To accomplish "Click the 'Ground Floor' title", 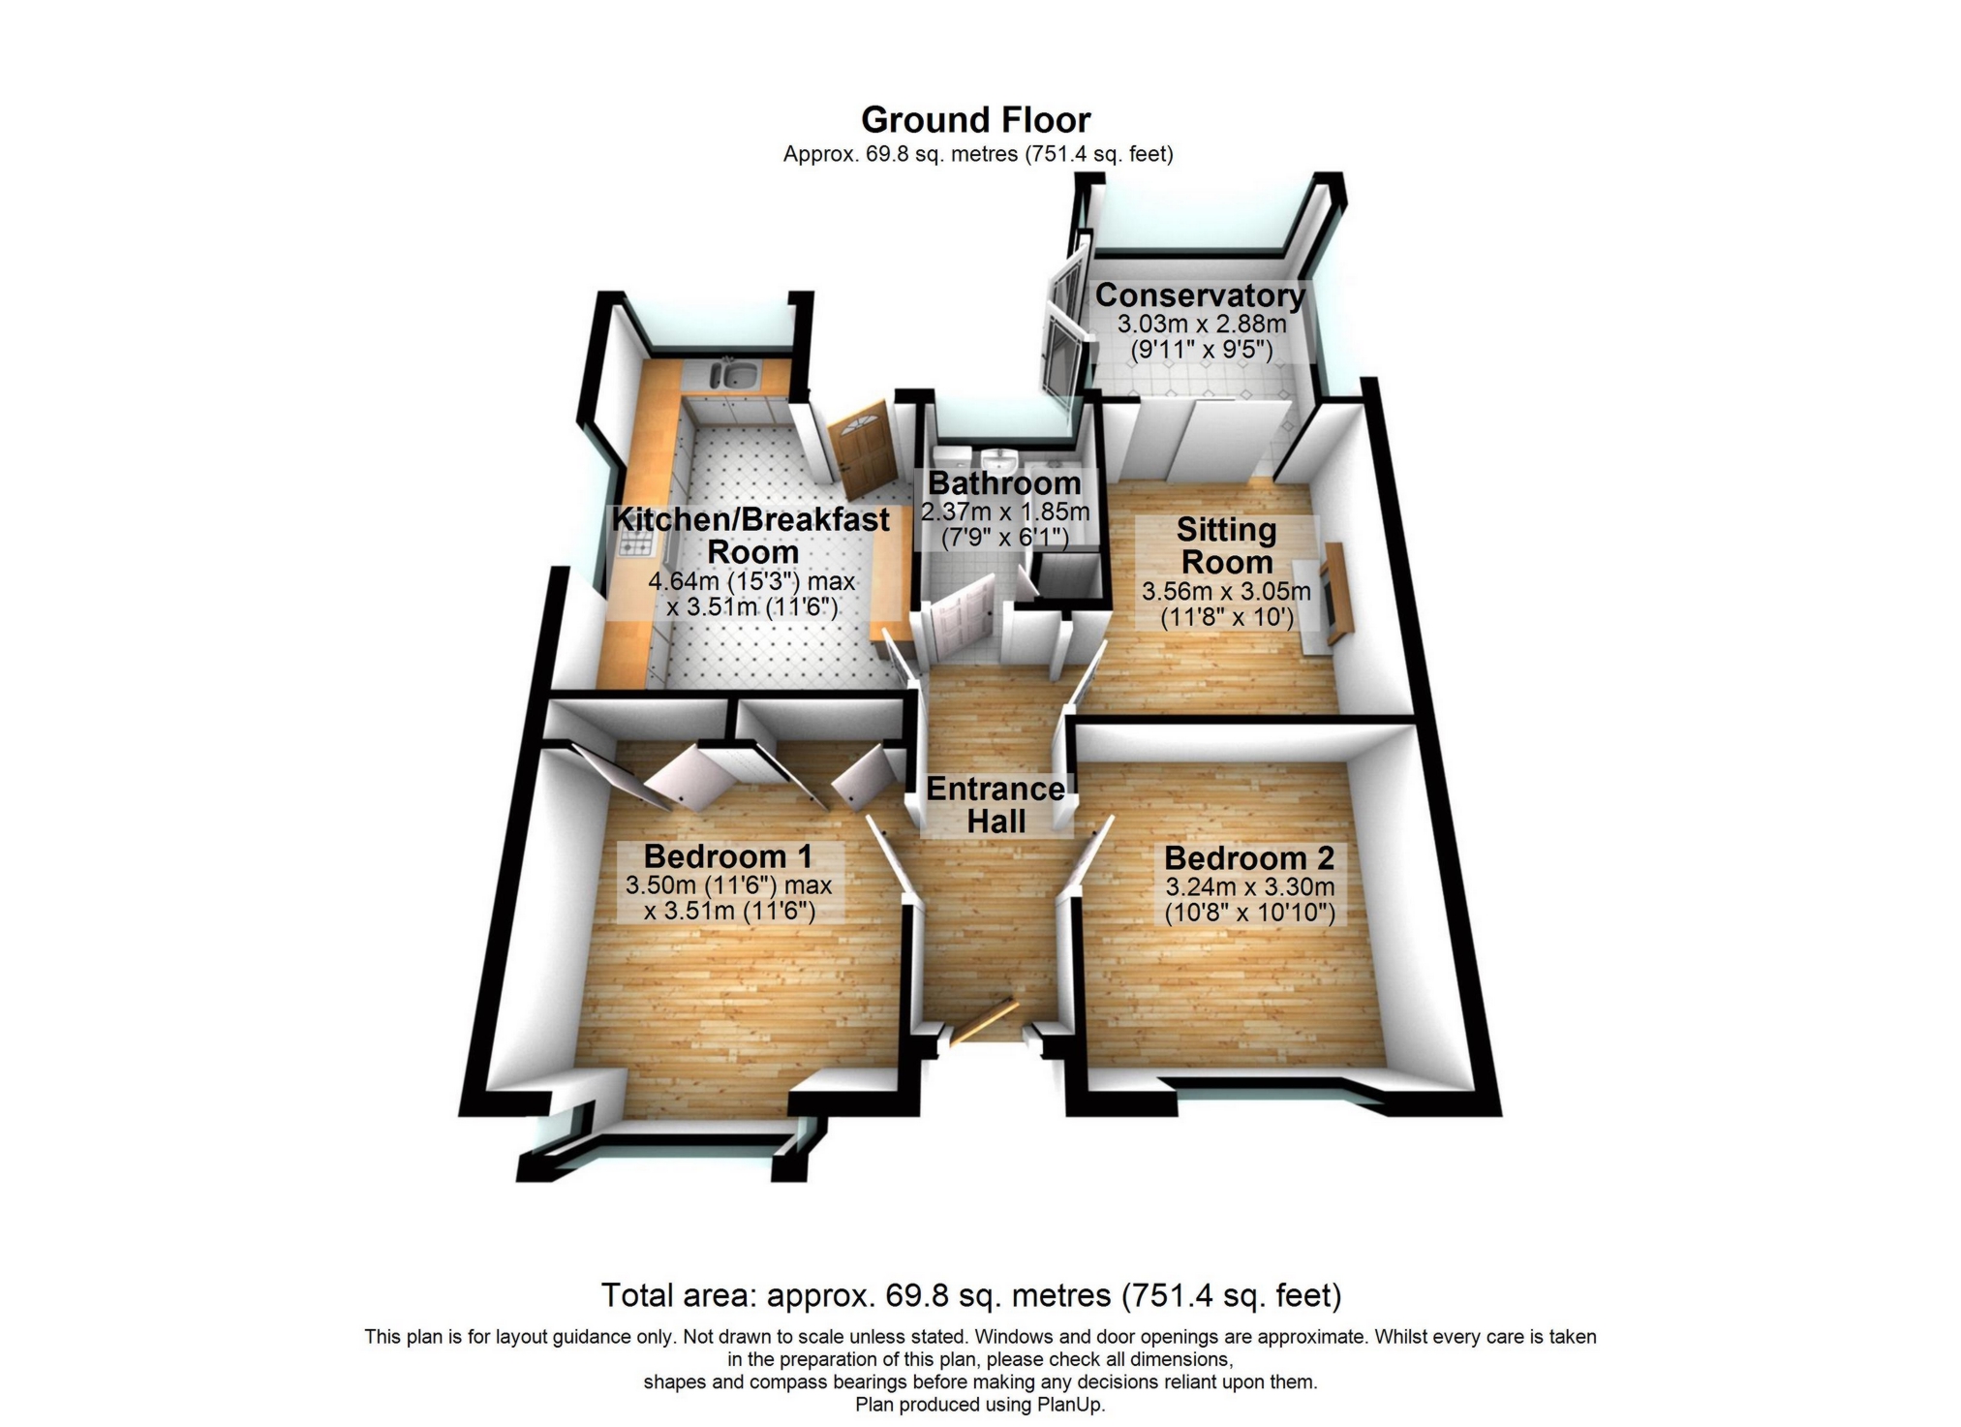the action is pos(975,120).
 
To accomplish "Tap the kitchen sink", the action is pos(732,373).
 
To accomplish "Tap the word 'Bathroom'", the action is pos(1004,482).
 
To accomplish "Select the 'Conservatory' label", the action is pos(1200,295).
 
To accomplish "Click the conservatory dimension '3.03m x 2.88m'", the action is pos(1201,324).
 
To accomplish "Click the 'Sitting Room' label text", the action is pos(1226,545).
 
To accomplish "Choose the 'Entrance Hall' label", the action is pos(996,805).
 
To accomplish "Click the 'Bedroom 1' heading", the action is pos(727,856).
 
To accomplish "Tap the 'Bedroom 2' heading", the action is pos(1249,858).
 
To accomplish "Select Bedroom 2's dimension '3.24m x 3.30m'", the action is pos(1249,886).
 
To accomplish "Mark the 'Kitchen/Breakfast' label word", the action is pos(751,519).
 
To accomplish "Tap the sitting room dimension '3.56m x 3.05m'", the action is pos(1226,591).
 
